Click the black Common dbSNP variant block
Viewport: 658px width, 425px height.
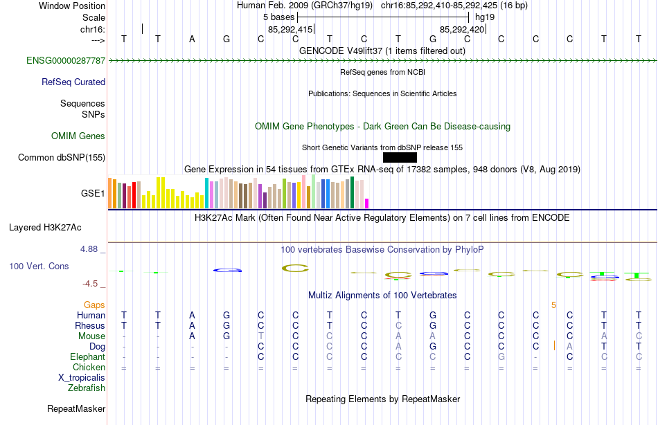[x=400, y=157]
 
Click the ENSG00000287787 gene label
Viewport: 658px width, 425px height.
[x=66, y=61]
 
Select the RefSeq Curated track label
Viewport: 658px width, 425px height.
[x=73, y=82]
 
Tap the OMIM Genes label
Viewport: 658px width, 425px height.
[x=78, y=136]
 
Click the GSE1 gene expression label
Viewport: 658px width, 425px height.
[x=93, y=193]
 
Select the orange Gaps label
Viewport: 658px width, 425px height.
[x=94, y=305]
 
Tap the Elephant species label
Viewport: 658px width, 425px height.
[x=87, y=356]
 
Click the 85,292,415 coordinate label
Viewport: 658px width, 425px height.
[x=290, y=29]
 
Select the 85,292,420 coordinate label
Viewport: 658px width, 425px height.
[x=462, y=29]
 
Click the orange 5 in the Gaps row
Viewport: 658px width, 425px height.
[x=553, y=305]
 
